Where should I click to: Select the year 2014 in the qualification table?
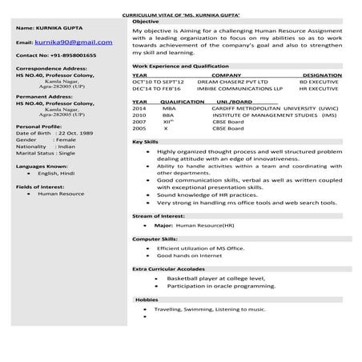pyautogui.click(x=139, y=109)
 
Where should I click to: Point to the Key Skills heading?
pyautogui.click(x=144, y=142)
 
